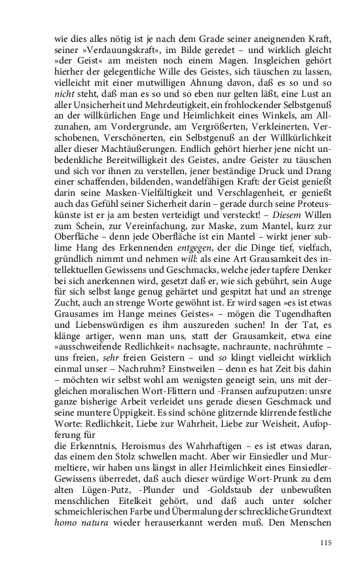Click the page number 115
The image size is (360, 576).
coord(327,543)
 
